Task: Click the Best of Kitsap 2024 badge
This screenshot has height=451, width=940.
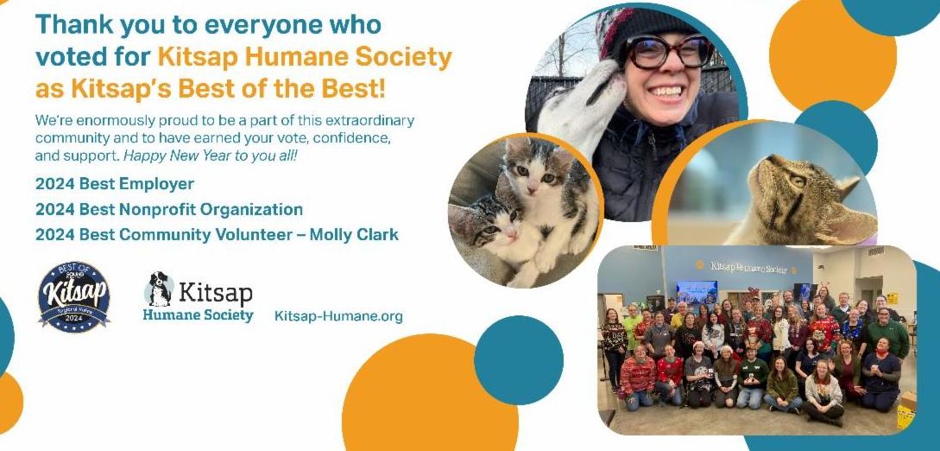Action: tap(73, 297)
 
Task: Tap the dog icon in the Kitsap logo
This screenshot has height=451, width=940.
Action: tap(158, 289)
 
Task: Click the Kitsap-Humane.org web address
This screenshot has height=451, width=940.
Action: tap(338, 316)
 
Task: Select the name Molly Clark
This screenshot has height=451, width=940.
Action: tap(354, 234)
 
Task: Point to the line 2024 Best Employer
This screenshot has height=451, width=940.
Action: tap(115, 183)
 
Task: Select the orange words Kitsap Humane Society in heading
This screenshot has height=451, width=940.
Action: tap(305, 58)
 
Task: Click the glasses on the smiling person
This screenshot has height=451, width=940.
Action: tap(668, 53)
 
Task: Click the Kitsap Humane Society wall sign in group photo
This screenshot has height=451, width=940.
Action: tap(748, 267)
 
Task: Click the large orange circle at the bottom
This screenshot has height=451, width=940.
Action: tap(430, 396)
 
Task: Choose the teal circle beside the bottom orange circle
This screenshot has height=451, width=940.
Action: tap(519, 359)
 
